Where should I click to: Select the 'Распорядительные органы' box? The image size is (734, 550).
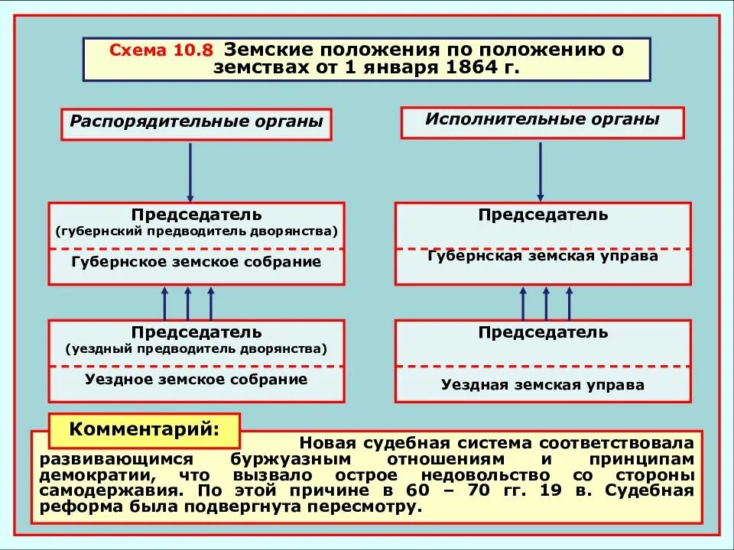click(x=196, y=123)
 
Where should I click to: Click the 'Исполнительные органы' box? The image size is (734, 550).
click(x=542, y=121)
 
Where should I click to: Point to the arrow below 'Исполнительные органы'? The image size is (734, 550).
click(x=540, y=170)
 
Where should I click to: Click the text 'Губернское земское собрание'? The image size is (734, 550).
click(x=196, y=262)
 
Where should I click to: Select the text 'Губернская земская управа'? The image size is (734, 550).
click(x=543, y=256)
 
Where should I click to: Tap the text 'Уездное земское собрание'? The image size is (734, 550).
click(x=196, y=379)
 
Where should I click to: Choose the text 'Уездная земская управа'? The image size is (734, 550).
click(x=543, y=385)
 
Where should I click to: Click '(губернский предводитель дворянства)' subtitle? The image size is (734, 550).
click(x=196, y=231)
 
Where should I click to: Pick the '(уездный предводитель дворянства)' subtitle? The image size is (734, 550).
click(x=196, y=349)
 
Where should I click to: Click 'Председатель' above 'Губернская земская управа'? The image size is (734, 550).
click(x=543, y=215)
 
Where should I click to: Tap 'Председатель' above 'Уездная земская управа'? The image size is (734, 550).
click(x=543, y=332)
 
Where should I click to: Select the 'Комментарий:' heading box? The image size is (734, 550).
click(x=145, y=430)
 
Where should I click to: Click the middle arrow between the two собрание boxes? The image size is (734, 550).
click(x=187, y=302)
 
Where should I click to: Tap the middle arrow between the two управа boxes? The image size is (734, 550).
click(x=546, y=302)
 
